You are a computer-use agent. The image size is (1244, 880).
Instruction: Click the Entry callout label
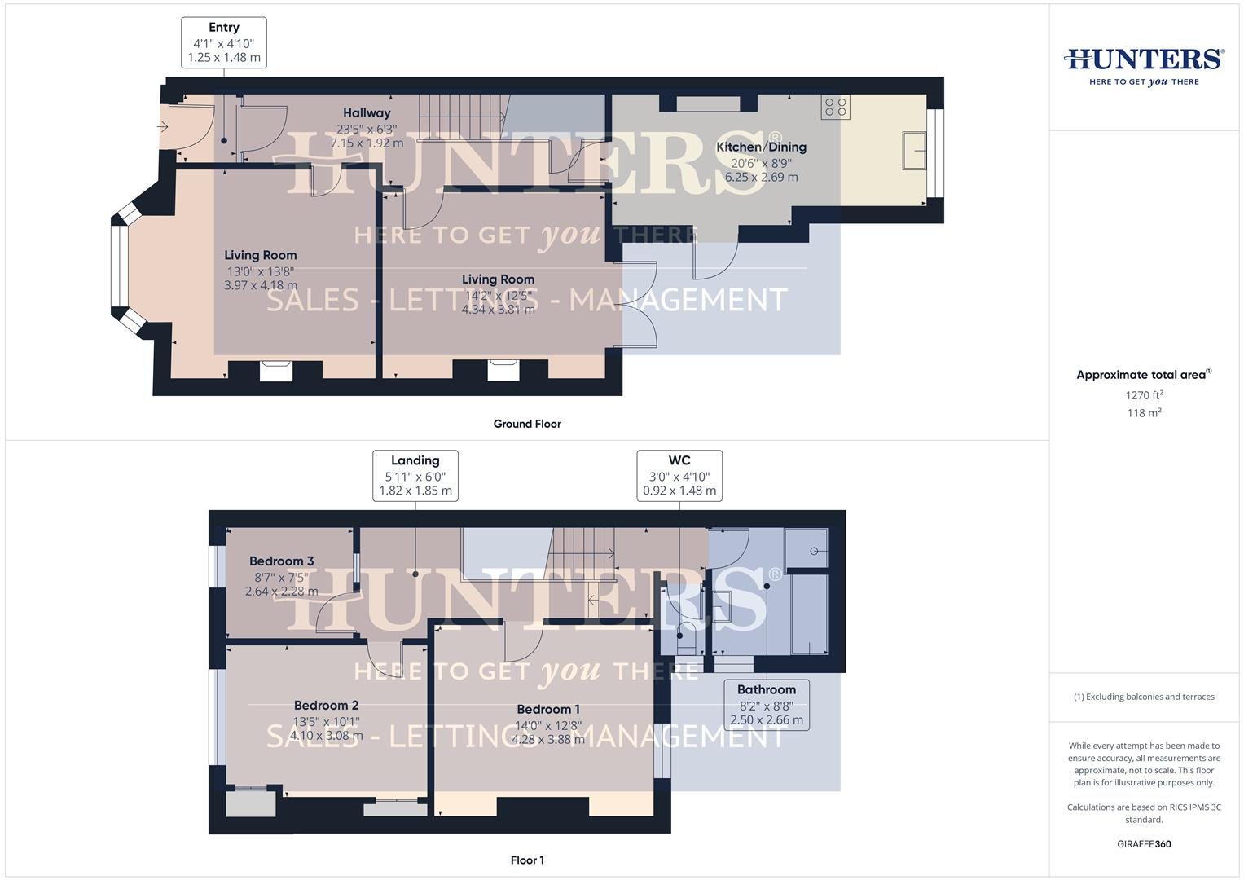[223, 28]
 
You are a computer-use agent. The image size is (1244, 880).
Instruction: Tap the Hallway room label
[366, 113]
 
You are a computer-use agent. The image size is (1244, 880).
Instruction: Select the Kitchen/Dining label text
[761, 147]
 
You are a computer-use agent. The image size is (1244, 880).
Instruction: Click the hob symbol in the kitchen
[836, 107]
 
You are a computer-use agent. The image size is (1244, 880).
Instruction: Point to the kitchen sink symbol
[913, 150]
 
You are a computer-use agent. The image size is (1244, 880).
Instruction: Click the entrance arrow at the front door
[162, 126]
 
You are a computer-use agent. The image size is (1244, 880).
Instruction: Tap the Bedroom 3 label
[281, 561]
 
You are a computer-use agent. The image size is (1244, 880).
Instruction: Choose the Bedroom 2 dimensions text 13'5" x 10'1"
[326, 721]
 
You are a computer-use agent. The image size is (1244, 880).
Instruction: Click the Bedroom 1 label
[547, 709]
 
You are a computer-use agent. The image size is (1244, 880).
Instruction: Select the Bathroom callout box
[767, 704]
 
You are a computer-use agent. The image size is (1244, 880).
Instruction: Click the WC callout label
[679, 460]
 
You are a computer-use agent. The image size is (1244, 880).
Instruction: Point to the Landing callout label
[415, 460]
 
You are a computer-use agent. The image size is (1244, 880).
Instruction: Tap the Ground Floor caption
[527, 424]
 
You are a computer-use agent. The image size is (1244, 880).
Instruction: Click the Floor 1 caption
[527, 860]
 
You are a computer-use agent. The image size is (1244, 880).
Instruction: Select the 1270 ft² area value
[1144, 395]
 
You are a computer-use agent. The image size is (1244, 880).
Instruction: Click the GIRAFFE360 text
[1144, 844]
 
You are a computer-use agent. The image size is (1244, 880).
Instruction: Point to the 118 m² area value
[1144, 413]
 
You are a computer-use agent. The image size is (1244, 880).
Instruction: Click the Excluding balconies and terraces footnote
[1144, 697]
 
